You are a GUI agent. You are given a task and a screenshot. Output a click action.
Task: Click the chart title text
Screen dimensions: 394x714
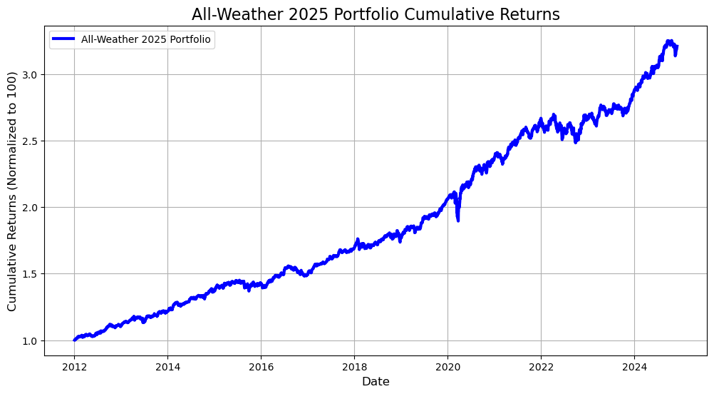click(x=376, y=14)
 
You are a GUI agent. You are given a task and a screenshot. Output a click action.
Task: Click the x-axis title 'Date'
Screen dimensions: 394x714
click(x=376, y=382)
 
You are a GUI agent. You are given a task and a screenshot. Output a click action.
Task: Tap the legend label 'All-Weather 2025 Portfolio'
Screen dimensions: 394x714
click(x=146, y=40)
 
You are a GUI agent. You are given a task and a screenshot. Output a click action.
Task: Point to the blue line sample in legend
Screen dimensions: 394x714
click(x=63, y=40)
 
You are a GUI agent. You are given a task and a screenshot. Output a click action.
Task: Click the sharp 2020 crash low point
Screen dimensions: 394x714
click(x=457, y=220)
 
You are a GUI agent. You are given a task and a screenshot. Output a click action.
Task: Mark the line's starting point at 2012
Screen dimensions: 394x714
click(x=74, y=340)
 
